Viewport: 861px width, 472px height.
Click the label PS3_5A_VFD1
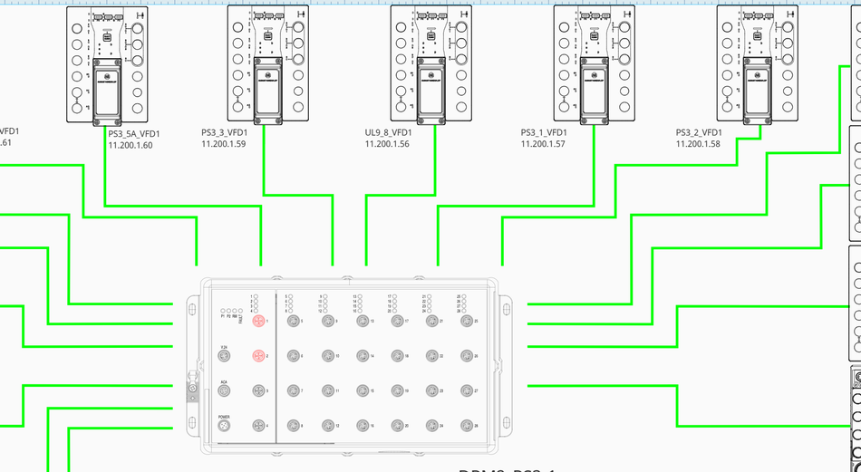131,133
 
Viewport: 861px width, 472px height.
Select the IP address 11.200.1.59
224,143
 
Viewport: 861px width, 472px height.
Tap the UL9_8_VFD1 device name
387,132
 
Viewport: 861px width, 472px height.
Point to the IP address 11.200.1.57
543,143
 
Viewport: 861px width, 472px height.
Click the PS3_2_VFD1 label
698,132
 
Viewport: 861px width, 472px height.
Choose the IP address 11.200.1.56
387,143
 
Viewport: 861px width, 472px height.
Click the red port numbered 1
257,322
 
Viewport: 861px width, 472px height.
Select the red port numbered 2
257,356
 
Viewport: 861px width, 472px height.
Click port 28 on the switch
467,425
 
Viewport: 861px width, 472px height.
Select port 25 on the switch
467,322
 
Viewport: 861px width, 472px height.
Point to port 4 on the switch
257,425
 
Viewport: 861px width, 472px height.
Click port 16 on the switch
362,425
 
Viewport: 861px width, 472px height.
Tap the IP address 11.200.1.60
131,144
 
